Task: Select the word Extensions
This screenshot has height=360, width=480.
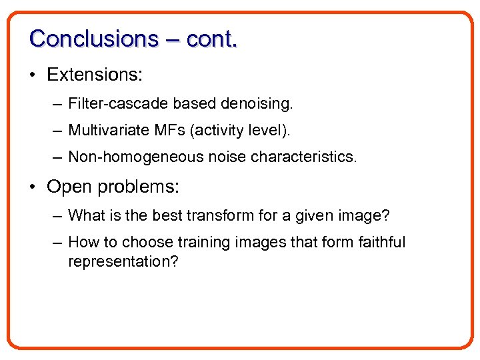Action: coord(95,75)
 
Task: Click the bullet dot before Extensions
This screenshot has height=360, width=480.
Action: coord(33,75)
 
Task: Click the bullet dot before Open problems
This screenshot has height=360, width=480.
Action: coord(33,187)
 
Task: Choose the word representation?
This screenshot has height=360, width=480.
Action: coord(123,261)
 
